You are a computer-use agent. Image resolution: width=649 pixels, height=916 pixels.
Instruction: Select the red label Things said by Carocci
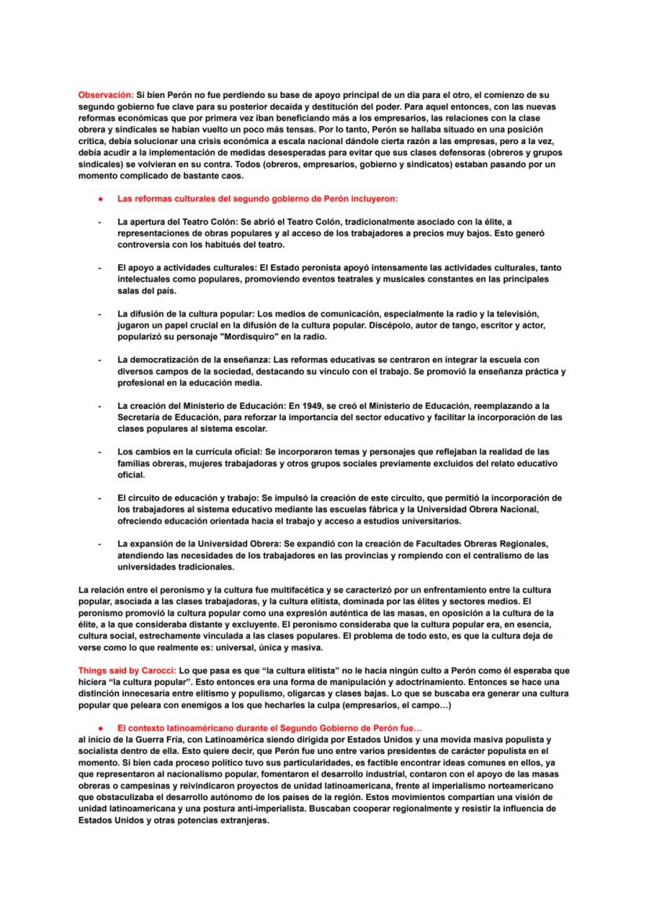(127, 671)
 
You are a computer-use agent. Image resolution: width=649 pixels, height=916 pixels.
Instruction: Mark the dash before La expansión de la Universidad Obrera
(99, 544)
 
